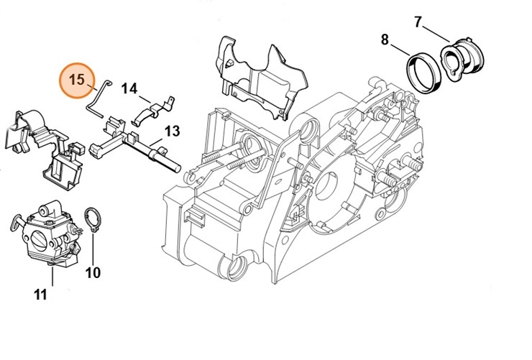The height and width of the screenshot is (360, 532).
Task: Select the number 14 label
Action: click(129, 88)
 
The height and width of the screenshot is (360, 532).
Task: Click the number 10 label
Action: click(93, 272)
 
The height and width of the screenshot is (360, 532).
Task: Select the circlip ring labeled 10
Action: click(92, 219)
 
